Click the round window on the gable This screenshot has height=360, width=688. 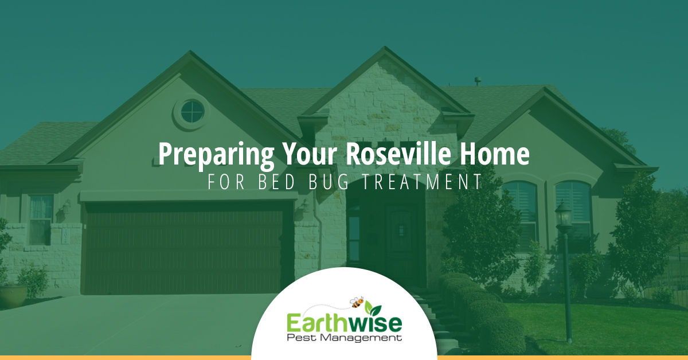[193, 112]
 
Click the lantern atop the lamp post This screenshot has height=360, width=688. [564, 213]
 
